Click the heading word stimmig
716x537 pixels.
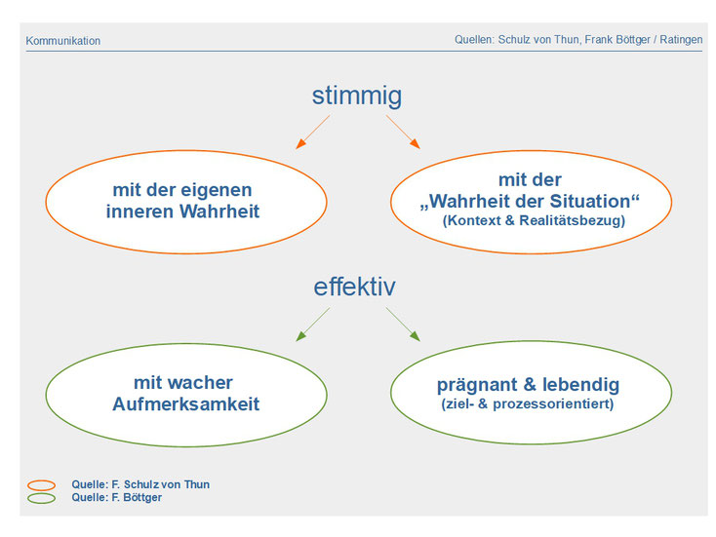(x=357, y=96)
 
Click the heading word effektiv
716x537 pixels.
(x=354, y=287)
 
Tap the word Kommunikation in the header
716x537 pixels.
(x=63, y=41)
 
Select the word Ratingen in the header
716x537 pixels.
(x=681, y=40)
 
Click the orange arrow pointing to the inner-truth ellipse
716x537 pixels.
(x=313, y=132)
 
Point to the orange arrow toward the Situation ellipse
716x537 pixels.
(x=403, y=132)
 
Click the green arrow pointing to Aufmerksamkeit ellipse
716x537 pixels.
(x=313, y=325)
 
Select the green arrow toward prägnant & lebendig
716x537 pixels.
(x=403, y=325)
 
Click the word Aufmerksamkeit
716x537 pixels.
(x=186, y=404)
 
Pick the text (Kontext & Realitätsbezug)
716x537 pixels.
(x=534, y=221)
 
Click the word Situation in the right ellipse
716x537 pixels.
(x=590, y=201)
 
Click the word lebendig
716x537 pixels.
(x=580, y=385)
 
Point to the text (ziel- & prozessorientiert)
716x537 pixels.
(x=528, y=404)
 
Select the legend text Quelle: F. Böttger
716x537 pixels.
(x=116, y=498)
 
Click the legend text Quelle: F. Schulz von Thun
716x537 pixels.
(x=140, y=484)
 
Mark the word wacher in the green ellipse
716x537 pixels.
(x=207, y=383)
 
